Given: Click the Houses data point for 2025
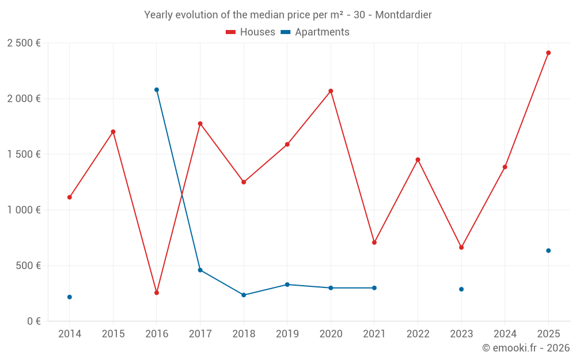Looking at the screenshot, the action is pos(548,53).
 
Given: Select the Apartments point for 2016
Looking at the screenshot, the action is pos(157,90).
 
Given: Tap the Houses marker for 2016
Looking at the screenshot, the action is pos(157,293).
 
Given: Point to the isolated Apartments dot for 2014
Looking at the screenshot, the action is pos(70,297).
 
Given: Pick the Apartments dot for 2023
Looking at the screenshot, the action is pos(461,289).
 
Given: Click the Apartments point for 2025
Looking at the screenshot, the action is pos(548,251).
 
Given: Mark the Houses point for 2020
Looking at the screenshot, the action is pos(331,91).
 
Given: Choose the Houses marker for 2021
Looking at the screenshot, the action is pos(374,242).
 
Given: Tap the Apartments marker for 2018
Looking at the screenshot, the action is pos(244,295).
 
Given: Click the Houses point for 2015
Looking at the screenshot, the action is pos(113,131).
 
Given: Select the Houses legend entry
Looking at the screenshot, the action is pos(251,32).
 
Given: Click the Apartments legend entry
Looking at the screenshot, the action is pos(315,32).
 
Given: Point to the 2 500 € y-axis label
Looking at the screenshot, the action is pos(24,43).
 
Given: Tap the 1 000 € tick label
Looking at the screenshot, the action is pos(24,210).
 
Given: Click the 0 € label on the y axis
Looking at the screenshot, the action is pos(34,321).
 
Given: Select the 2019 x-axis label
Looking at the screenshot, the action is pos(287,334).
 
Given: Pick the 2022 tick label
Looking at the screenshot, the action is pos(418,334).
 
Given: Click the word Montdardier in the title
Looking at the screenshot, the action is pos(403,15).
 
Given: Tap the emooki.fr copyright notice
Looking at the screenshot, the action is pos(526,347).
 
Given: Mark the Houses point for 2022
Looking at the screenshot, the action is pos(418,160).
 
